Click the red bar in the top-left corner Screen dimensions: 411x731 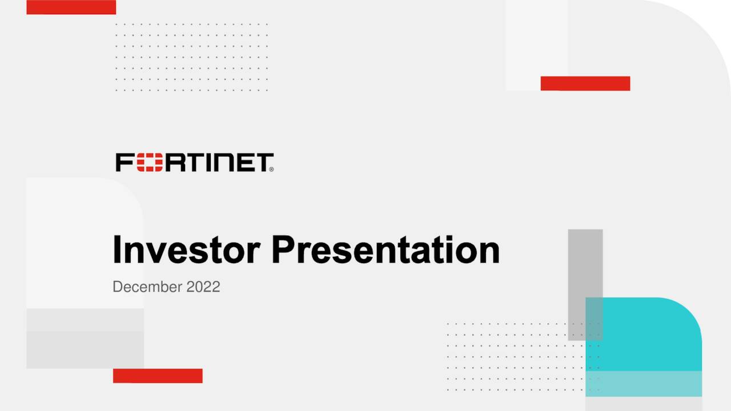click(71, 7)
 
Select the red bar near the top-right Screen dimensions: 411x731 click(585, 83)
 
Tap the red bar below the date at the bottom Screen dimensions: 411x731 click(158, 376)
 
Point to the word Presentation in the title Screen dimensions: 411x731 click(385, 250)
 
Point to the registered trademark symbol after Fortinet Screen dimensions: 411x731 click(271, 169)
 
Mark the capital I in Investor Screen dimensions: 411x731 click(117, 250)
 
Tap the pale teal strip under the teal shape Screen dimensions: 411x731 click(644, 384)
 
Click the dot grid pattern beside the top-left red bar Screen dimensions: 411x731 click(191, 57)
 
